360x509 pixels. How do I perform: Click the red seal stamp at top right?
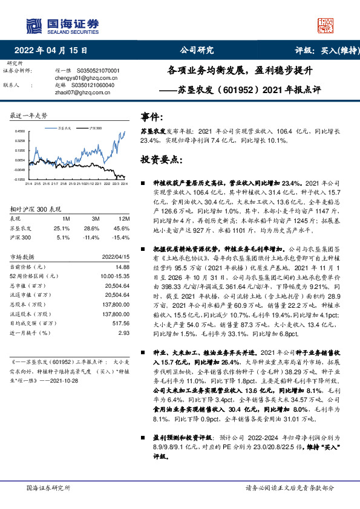click(x=326, y=25)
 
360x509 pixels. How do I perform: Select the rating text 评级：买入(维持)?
click(x=321, y=51)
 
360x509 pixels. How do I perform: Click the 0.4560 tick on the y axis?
click(x=20, y=131)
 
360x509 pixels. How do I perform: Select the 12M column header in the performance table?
click(x=124, y=218)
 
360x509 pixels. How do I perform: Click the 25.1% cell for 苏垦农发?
click(x=62, y=228)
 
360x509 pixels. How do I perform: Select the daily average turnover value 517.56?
click(x=121, y=324)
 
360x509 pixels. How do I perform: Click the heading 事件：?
click(x=151, y=116)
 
